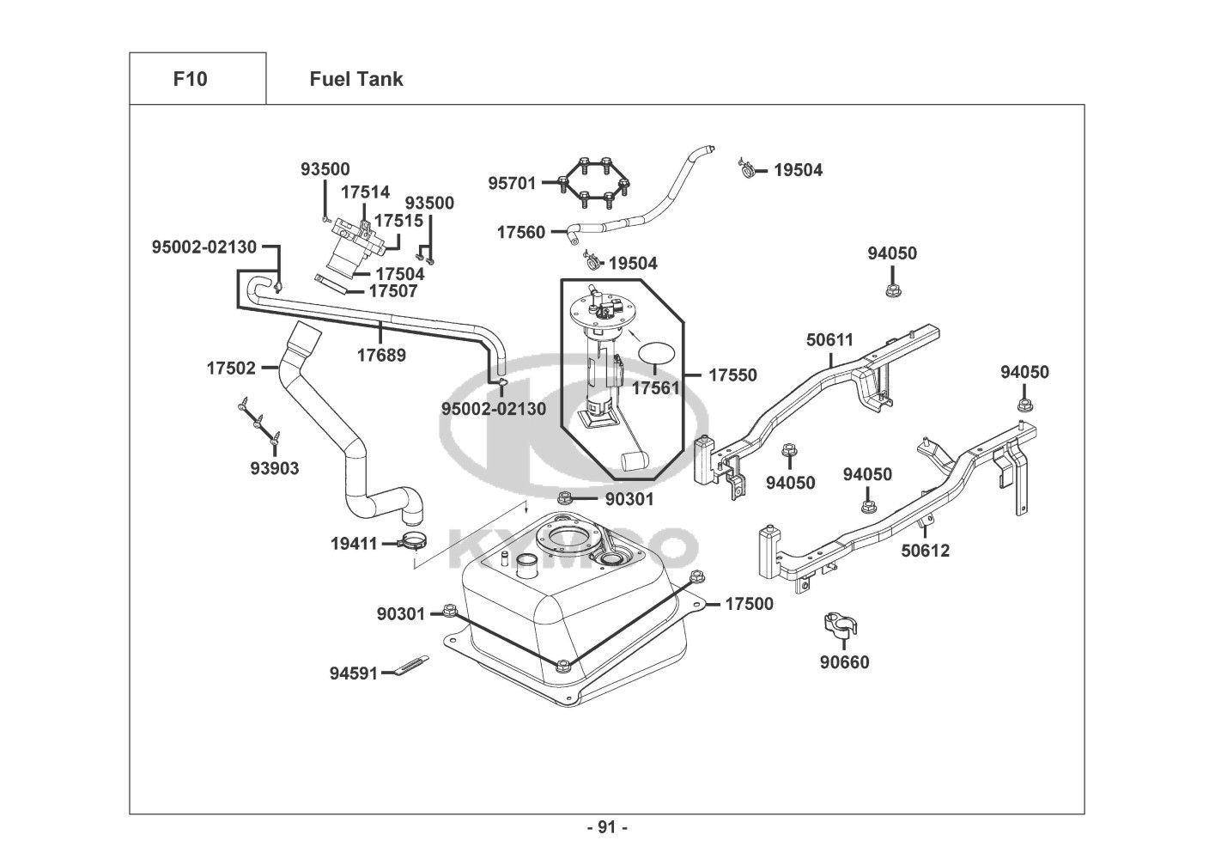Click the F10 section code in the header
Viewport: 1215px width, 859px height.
[x=190, y=79]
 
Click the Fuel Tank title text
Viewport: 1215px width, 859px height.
[x=355, y=79]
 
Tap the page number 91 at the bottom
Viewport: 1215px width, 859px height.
[x=607, y=827]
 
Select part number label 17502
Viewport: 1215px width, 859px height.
[x=231, y=369]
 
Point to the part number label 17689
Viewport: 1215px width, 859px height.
[x=381, y=354]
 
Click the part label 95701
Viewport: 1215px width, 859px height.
[x=512, y=183]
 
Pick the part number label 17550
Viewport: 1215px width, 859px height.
[x=732, y=375]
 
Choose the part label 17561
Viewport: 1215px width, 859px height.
[x=655, y=387]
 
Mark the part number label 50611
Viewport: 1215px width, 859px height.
[x=829, y=339]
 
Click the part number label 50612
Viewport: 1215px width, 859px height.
[x=926, y=551]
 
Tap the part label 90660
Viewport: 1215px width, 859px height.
[x=844, y=662]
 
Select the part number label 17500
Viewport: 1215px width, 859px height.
[x=749, y=604]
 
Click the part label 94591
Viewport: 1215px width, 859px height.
[x=353, y=673]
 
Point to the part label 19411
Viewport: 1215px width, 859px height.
[x=354, y=543]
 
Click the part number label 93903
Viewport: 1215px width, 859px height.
[x=275, y=468]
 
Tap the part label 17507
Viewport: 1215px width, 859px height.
[x=392, y=291]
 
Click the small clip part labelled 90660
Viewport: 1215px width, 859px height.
[x=842, y=624]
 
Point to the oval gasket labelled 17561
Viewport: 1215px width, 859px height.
[x=659, y=353]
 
